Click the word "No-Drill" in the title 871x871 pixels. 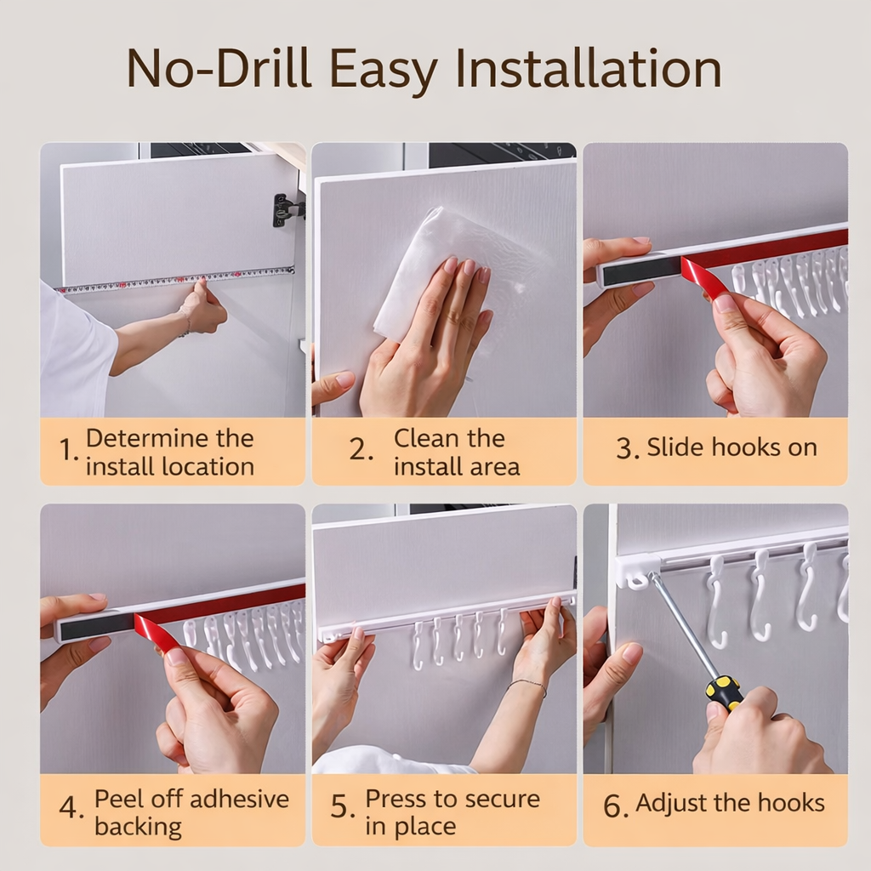point(219,70)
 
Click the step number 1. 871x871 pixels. point(68,452)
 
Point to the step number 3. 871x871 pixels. point(626,449)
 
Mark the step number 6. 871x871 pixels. point(615,806)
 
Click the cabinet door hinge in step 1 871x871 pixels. point(287,209)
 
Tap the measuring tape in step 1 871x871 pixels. point(170,280)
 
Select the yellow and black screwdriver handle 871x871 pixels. point(724,691)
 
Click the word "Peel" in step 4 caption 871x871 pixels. point(118,800)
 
